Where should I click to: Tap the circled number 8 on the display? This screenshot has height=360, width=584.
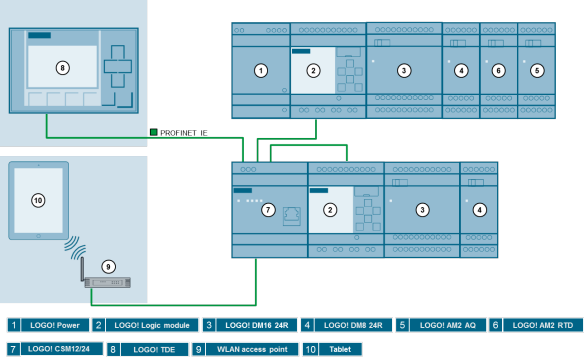62,68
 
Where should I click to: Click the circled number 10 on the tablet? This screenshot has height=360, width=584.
38,201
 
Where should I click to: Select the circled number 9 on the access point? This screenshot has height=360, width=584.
109,267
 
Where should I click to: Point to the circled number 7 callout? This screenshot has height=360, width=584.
267,210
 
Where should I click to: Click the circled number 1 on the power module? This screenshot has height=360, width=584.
261,70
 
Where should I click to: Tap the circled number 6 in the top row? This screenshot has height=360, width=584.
498,70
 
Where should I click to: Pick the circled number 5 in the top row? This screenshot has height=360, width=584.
537,70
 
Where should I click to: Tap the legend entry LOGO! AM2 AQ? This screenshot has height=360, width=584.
442,325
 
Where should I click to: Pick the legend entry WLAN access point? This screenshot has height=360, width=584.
246,349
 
